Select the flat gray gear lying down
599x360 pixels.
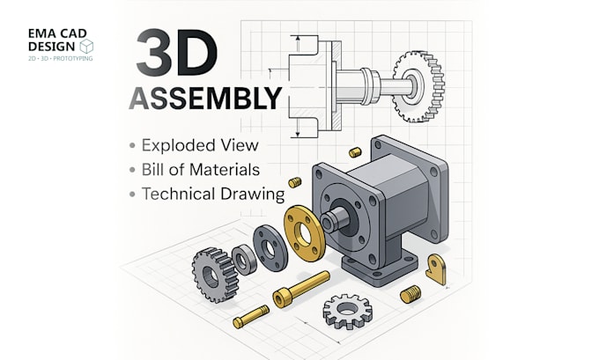pos(347,309)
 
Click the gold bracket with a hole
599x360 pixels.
pos(438,268)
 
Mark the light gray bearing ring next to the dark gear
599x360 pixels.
pos(243,261)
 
